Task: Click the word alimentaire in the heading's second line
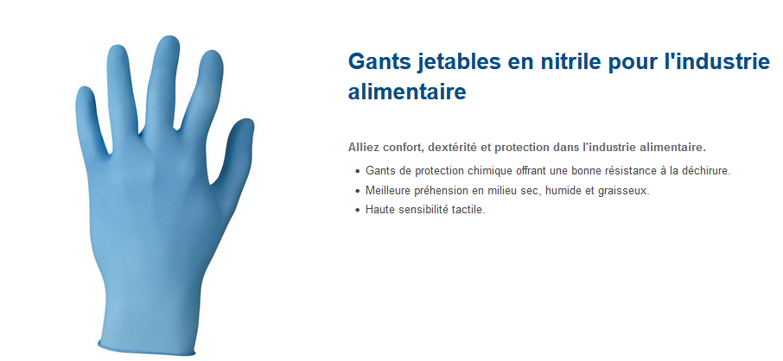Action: (407, 92)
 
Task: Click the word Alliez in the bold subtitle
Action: (362, 148)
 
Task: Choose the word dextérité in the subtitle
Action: (450, 148)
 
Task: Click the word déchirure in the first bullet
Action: (710, 171)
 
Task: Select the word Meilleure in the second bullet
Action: (385, 190)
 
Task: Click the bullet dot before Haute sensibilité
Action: (357, 211)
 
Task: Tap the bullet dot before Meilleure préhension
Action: (357, 191)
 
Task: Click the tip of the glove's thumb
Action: (245, 121)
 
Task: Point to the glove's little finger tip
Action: (84, 89)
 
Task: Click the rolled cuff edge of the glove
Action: (146, 350)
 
